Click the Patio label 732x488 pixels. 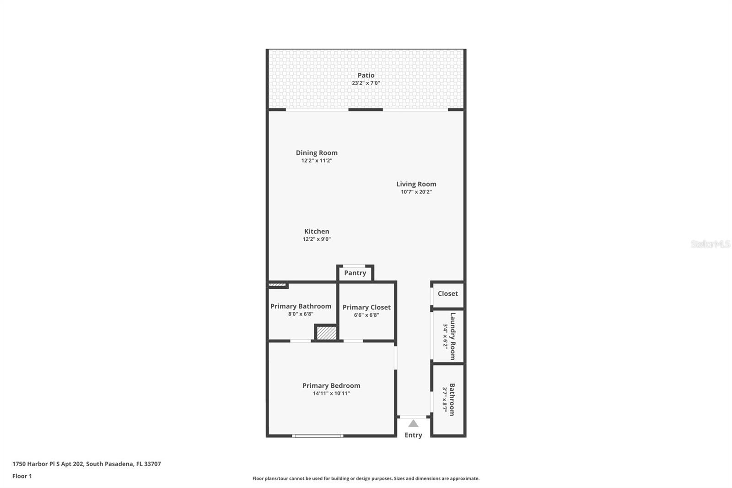point(366,75)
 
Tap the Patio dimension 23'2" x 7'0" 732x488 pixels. point(366,83)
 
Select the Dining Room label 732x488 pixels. point(317,153)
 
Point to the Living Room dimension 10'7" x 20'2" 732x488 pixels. point(416,192)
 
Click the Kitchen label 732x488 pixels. point(317,231)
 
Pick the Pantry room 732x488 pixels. point(355,273)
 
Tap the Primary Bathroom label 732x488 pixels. point(301,306)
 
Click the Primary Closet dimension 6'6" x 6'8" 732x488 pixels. point(366,315)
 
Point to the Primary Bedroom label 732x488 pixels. point(331,385)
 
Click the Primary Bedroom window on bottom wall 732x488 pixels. point(318,436)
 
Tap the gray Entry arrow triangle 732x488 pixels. point(413,423)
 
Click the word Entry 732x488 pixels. point(413,435)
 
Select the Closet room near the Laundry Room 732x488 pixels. point(447,294)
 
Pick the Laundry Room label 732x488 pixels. point(452,336)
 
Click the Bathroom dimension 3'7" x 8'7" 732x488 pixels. point(444,399)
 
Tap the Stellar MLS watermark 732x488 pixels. point(710,244)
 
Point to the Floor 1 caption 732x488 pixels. point(22,476)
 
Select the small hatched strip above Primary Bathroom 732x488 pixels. point(277,285)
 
